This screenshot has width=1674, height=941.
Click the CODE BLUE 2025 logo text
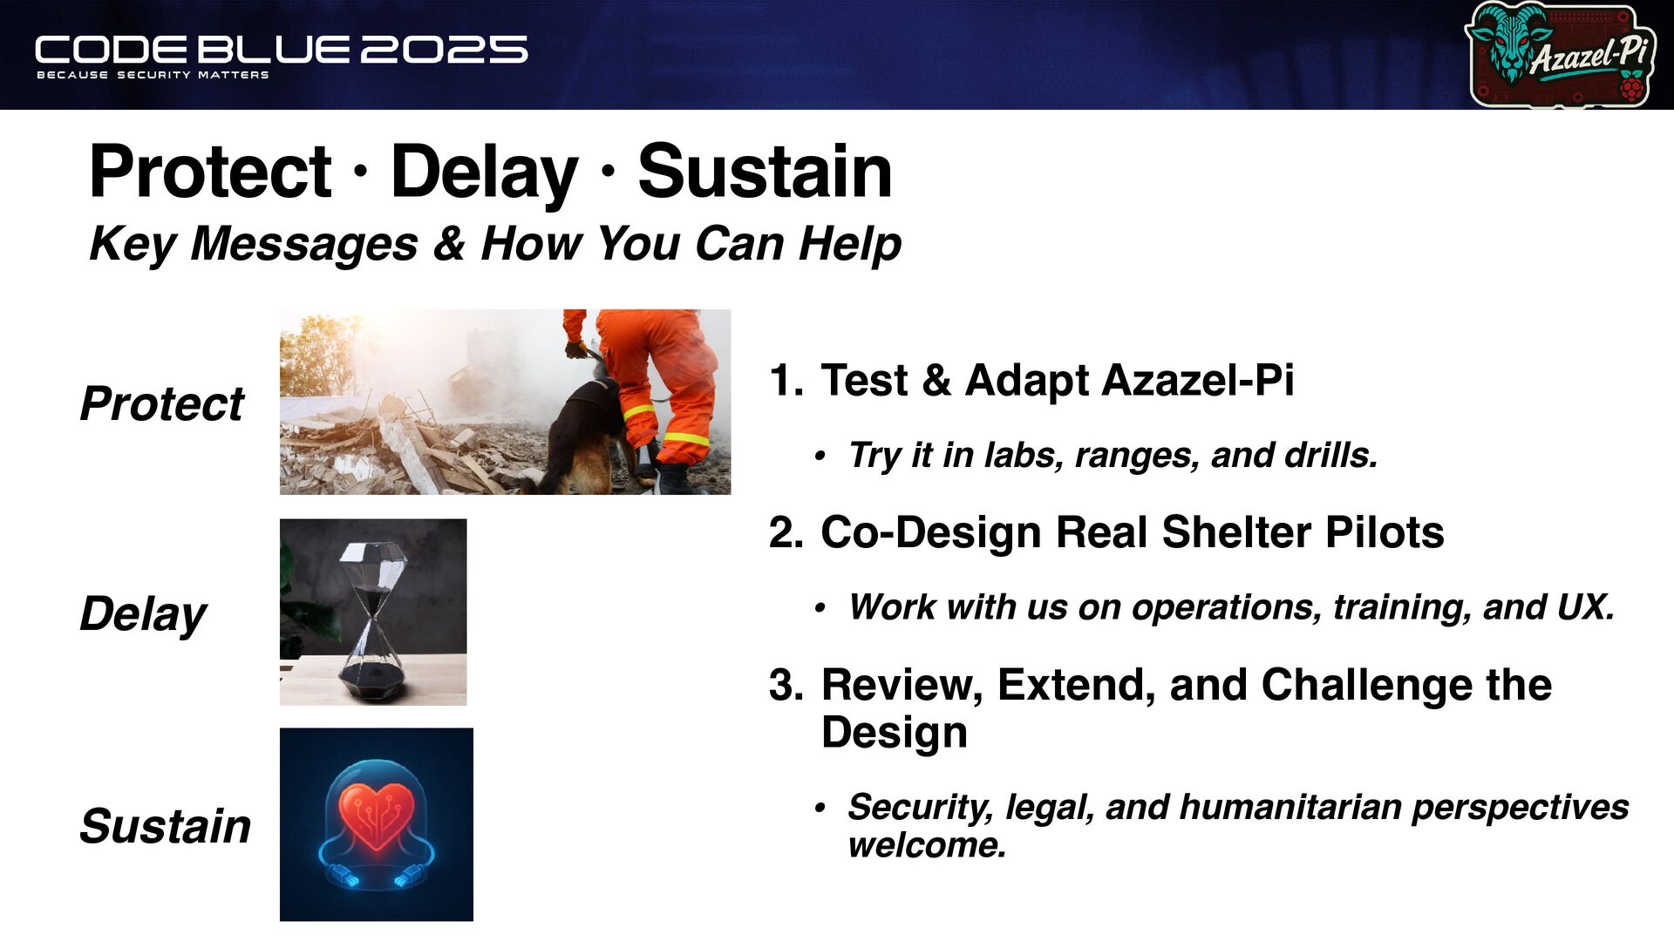click(x=281, y=50)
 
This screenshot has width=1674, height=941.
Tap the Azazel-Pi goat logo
click(x=1561, y=54)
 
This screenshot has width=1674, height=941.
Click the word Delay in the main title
click(x=484, y=172)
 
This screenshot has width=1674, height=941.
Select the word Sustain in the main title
click(x=765, y=172)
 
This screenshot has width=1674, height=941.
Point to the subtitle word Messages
click(x=304, y=244)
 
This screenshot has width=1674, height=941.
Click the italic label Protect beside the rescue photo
click(x=162, y=404)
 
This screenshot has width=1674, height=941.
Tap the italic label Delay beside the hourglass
click(x=143, y=614)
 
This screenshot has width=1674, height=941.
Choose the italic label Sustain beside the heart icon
click(x=166, y=826)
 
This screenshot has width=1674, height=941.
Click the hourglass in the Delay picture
click(x=373, y=619)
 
